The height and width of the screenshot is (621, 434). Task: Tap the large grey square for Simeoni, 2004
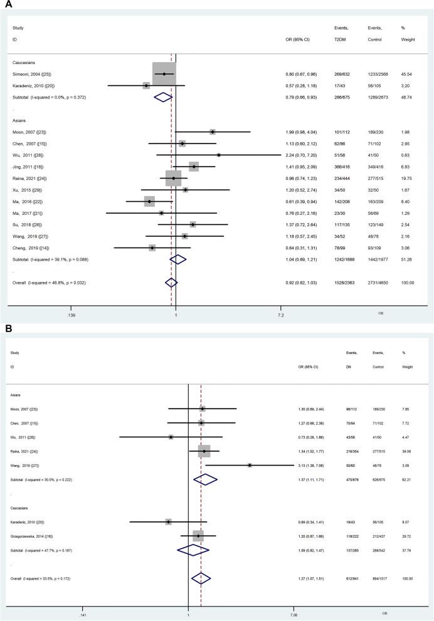click(164, 74)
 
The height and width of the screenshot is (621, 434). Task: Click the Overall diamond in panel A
click(171, 283)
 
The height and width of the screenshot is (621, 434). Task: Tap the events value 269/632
click(342, 74)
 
